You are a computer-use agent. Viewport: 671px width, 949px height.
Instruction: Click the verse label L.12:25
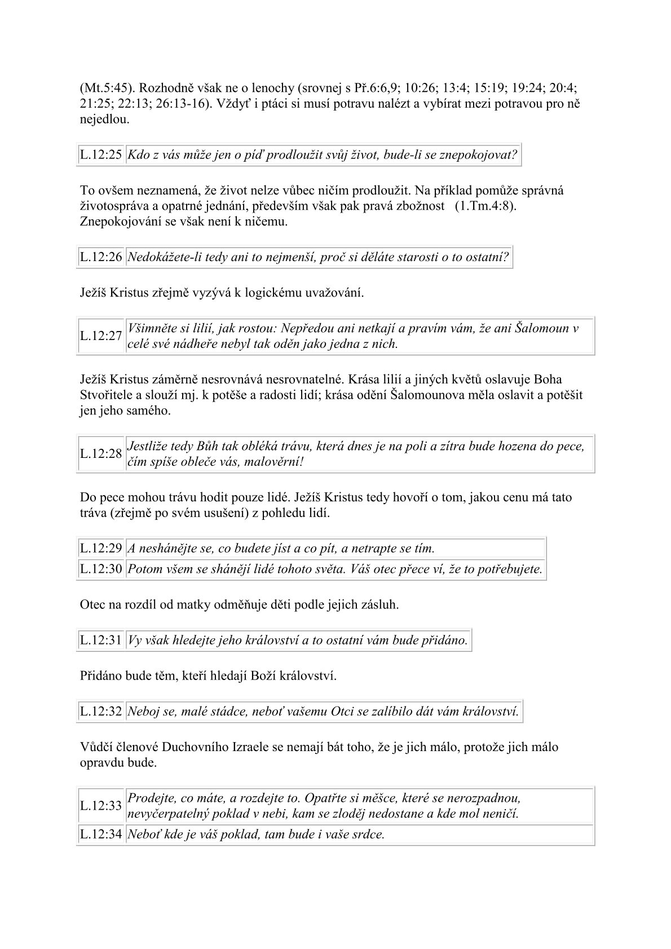[101, 155]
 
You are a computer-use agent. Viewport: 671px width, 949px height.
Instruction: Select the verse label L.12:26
[101, 258]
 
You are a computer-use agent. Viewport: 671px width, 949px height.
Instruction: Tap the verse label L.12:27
[101, 336]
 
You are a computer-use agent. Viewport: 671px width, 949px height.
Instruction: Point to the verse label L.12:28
[101, 454]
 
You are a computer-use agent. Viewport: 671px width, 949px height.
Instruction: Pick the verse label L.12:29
[101, 548]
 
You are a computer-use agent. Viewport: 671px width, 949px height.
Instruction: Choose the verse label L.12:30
[101, 569]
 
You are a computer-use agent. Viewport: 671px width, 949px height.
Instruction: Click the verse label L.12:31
[101, 641]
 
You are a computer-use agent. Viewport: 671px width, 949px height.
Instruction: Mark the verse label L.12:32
[101, 712]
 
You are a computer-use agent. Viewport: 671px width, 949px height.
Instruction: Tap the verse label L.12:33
[101, 806]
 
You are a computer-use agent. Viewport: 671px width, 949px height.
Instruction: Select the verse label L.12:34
[101, 835]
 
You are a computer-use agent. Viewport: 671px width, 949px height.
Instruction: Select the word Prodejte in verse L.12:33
[151, 798]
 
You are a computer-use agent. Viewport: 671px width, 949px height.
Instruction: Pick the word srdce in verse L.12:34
[367, 835]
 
